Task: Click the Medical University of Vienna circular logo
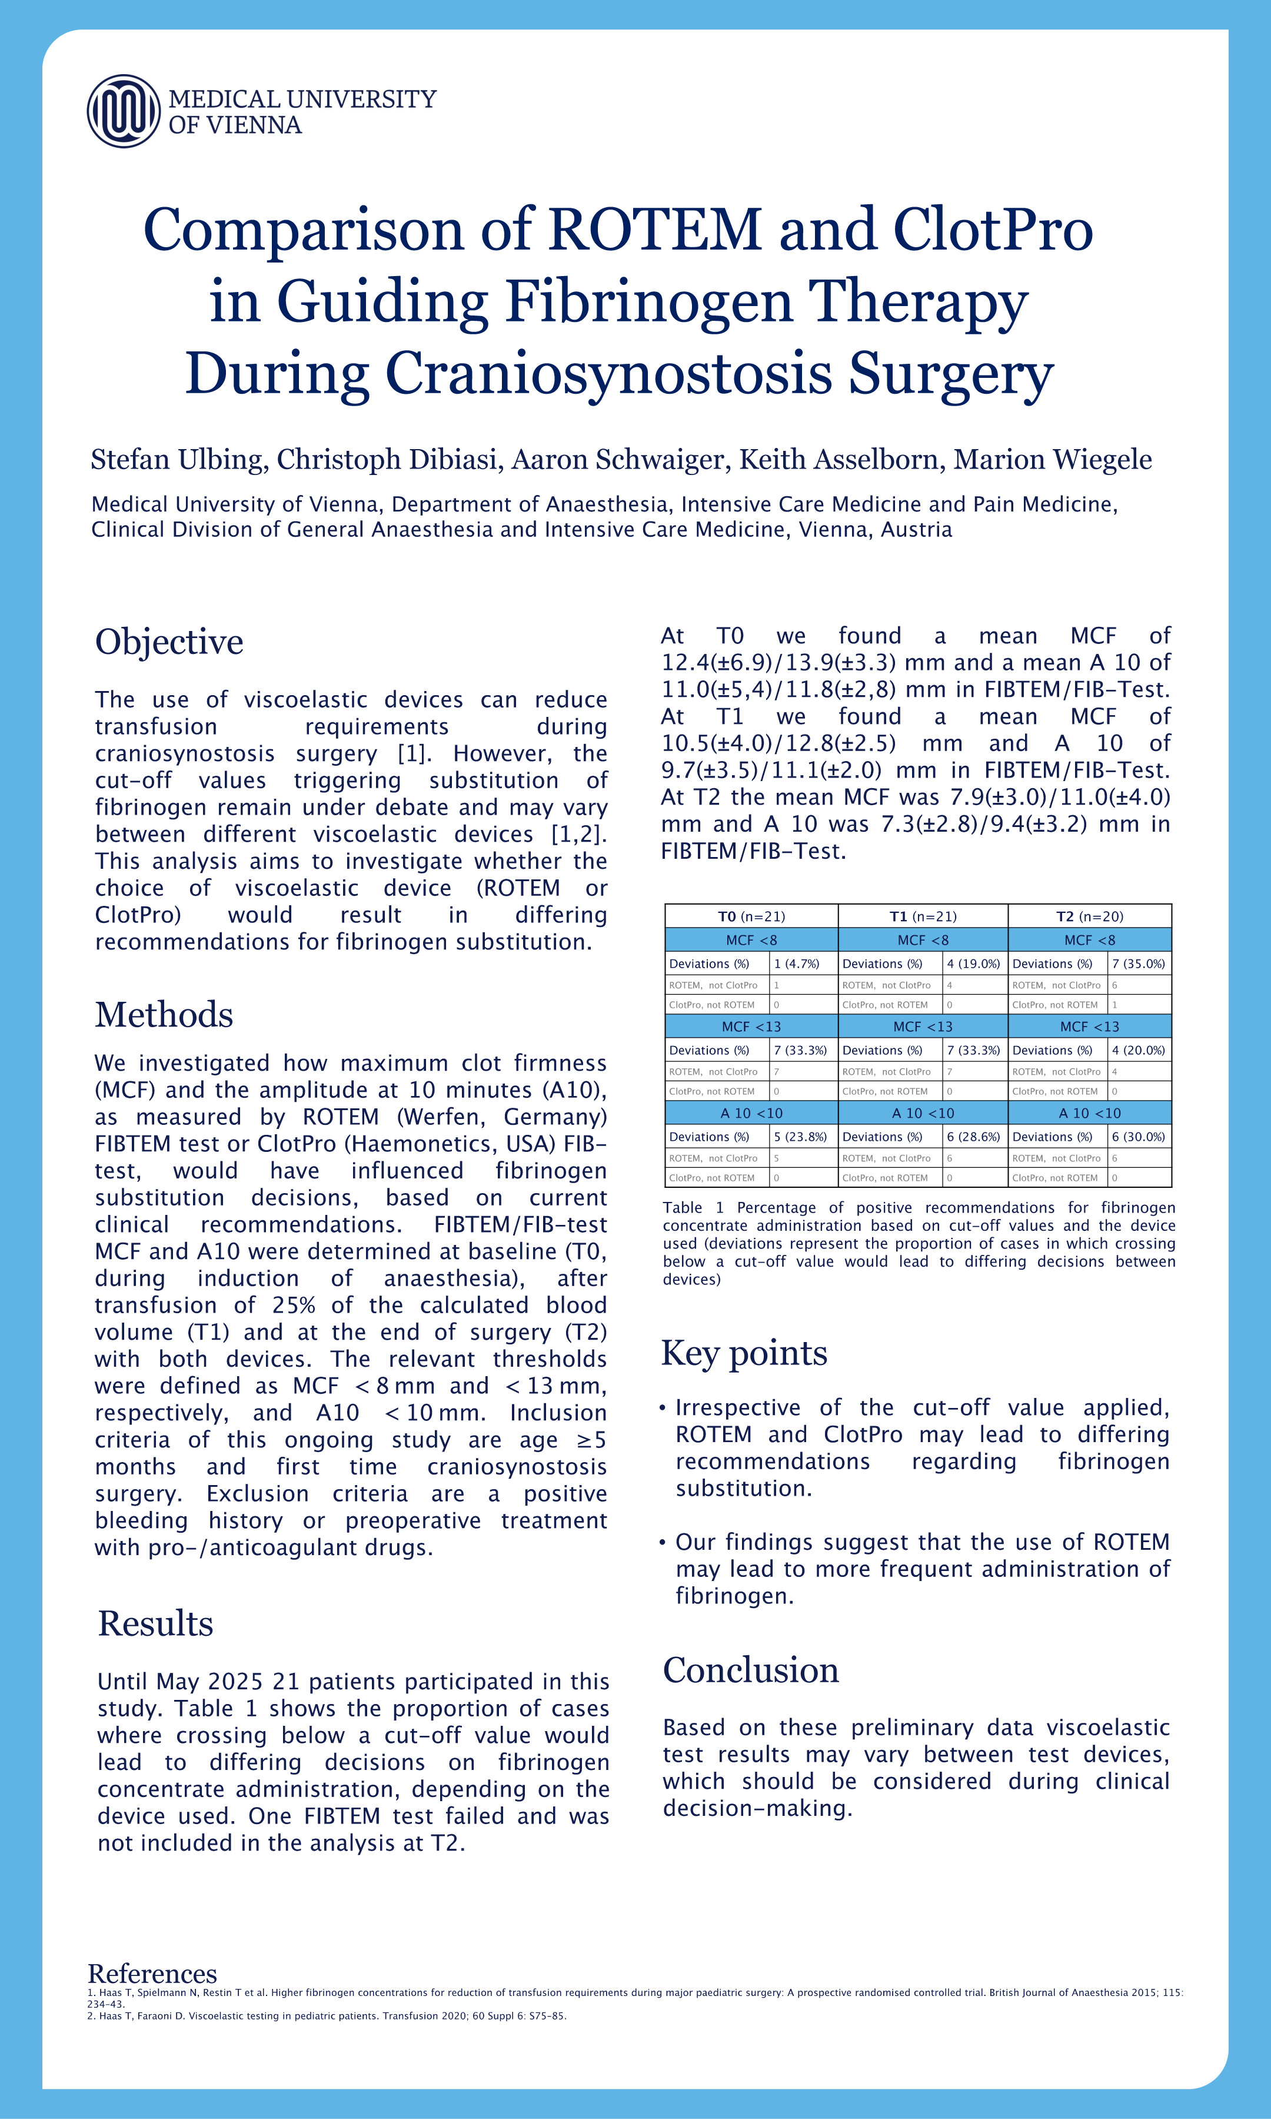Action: pos(124,111)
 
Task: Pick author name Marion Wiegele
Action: pos(1053,460)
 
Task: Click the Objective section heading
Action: pos(169,642)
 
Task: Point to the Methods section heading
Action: pos(164,1014)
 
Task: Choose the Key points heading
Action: pos(743,1353)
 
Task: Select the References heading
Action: pos(152,1974)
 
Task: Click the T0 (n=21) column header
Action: pos(751,916)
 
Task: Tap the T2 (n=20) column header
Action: pos(1089,916)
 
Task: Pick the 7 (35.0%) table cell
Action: pos(1138,964)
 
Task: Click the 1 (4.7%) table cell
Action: pos(797,964)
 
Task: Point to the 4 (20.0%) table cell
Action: pos(1138,1050)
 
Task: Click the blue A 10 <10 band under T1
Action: pos(923,1112)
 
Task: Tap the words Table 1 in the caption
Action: pos(693,1208)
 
